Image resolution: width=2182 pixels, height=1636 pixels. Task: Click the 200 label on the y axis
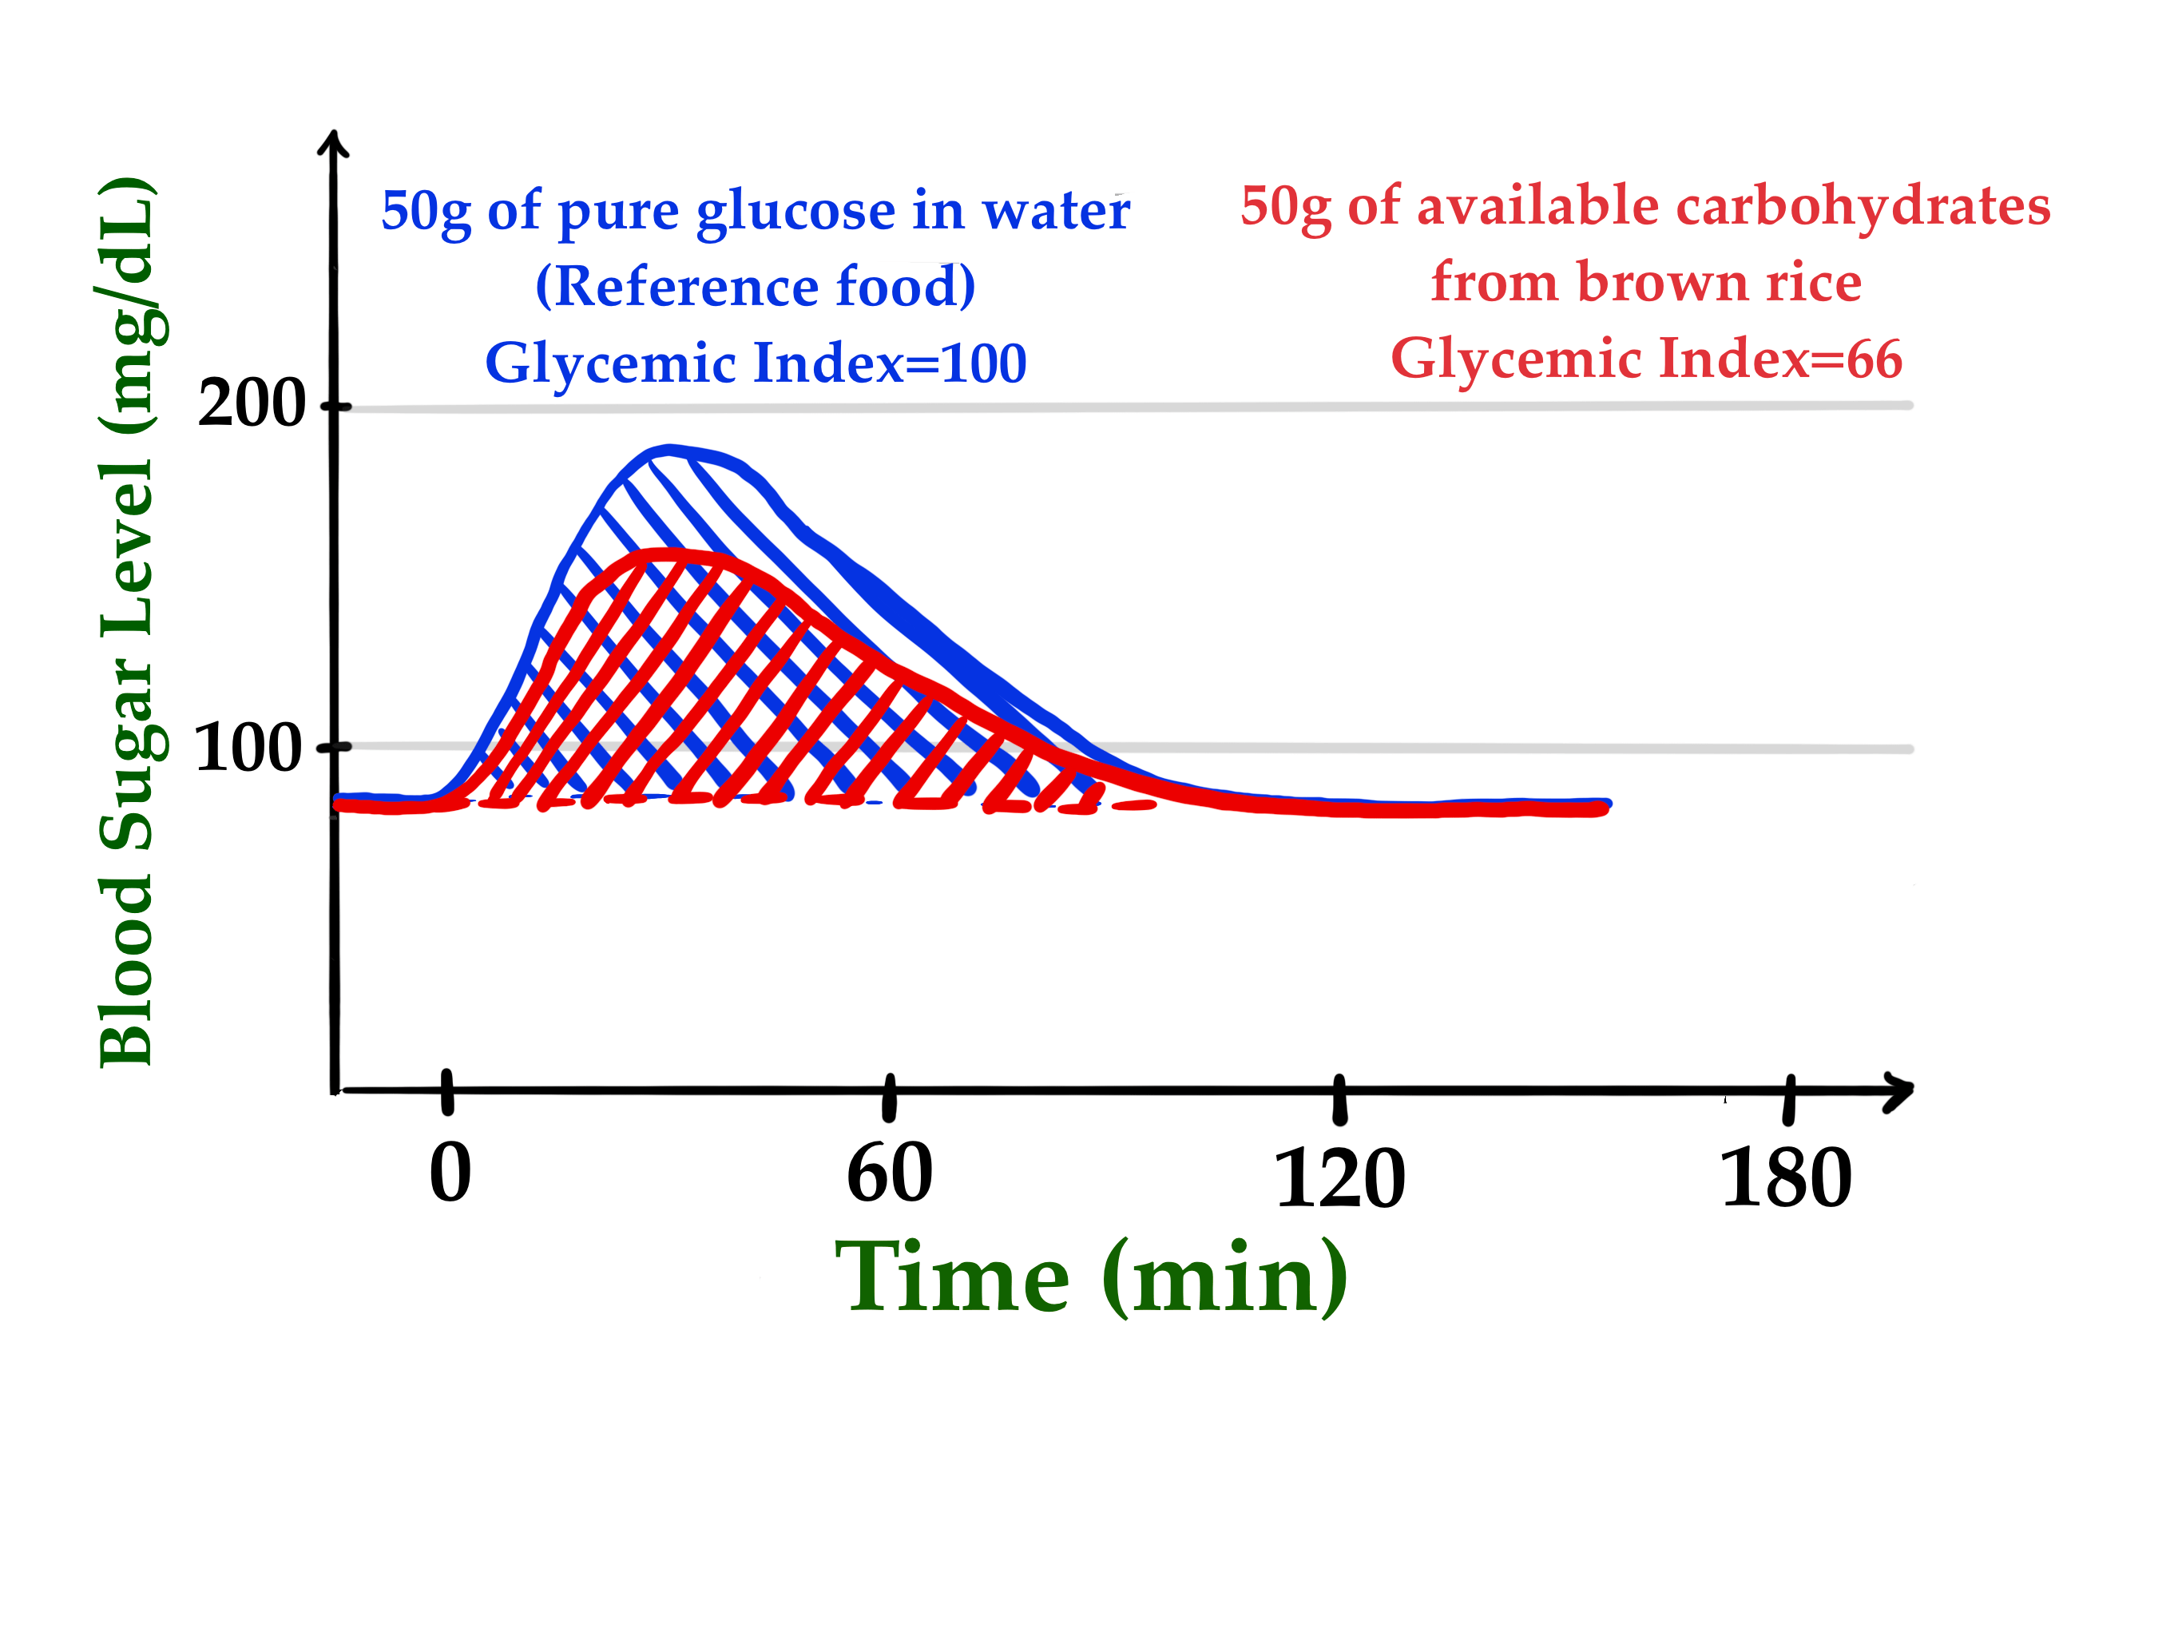point(252,403)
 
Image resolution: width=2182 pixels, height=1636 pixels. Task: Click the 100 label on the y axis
point(248,748)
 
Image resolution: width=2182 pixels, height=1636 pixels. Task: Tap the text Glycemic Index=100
point(756,363)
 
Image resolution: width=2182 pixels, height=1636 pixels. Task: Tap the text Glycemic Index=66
point(1645,358)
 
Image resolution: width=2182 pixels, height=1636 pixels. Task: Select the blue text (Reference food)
point(756,286)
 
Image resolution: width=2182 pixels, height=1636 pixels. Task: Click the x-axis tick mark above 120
point(1339,1098)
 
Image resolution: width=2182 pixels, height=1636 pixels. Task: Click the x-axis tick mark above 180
point(1788,1098)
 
